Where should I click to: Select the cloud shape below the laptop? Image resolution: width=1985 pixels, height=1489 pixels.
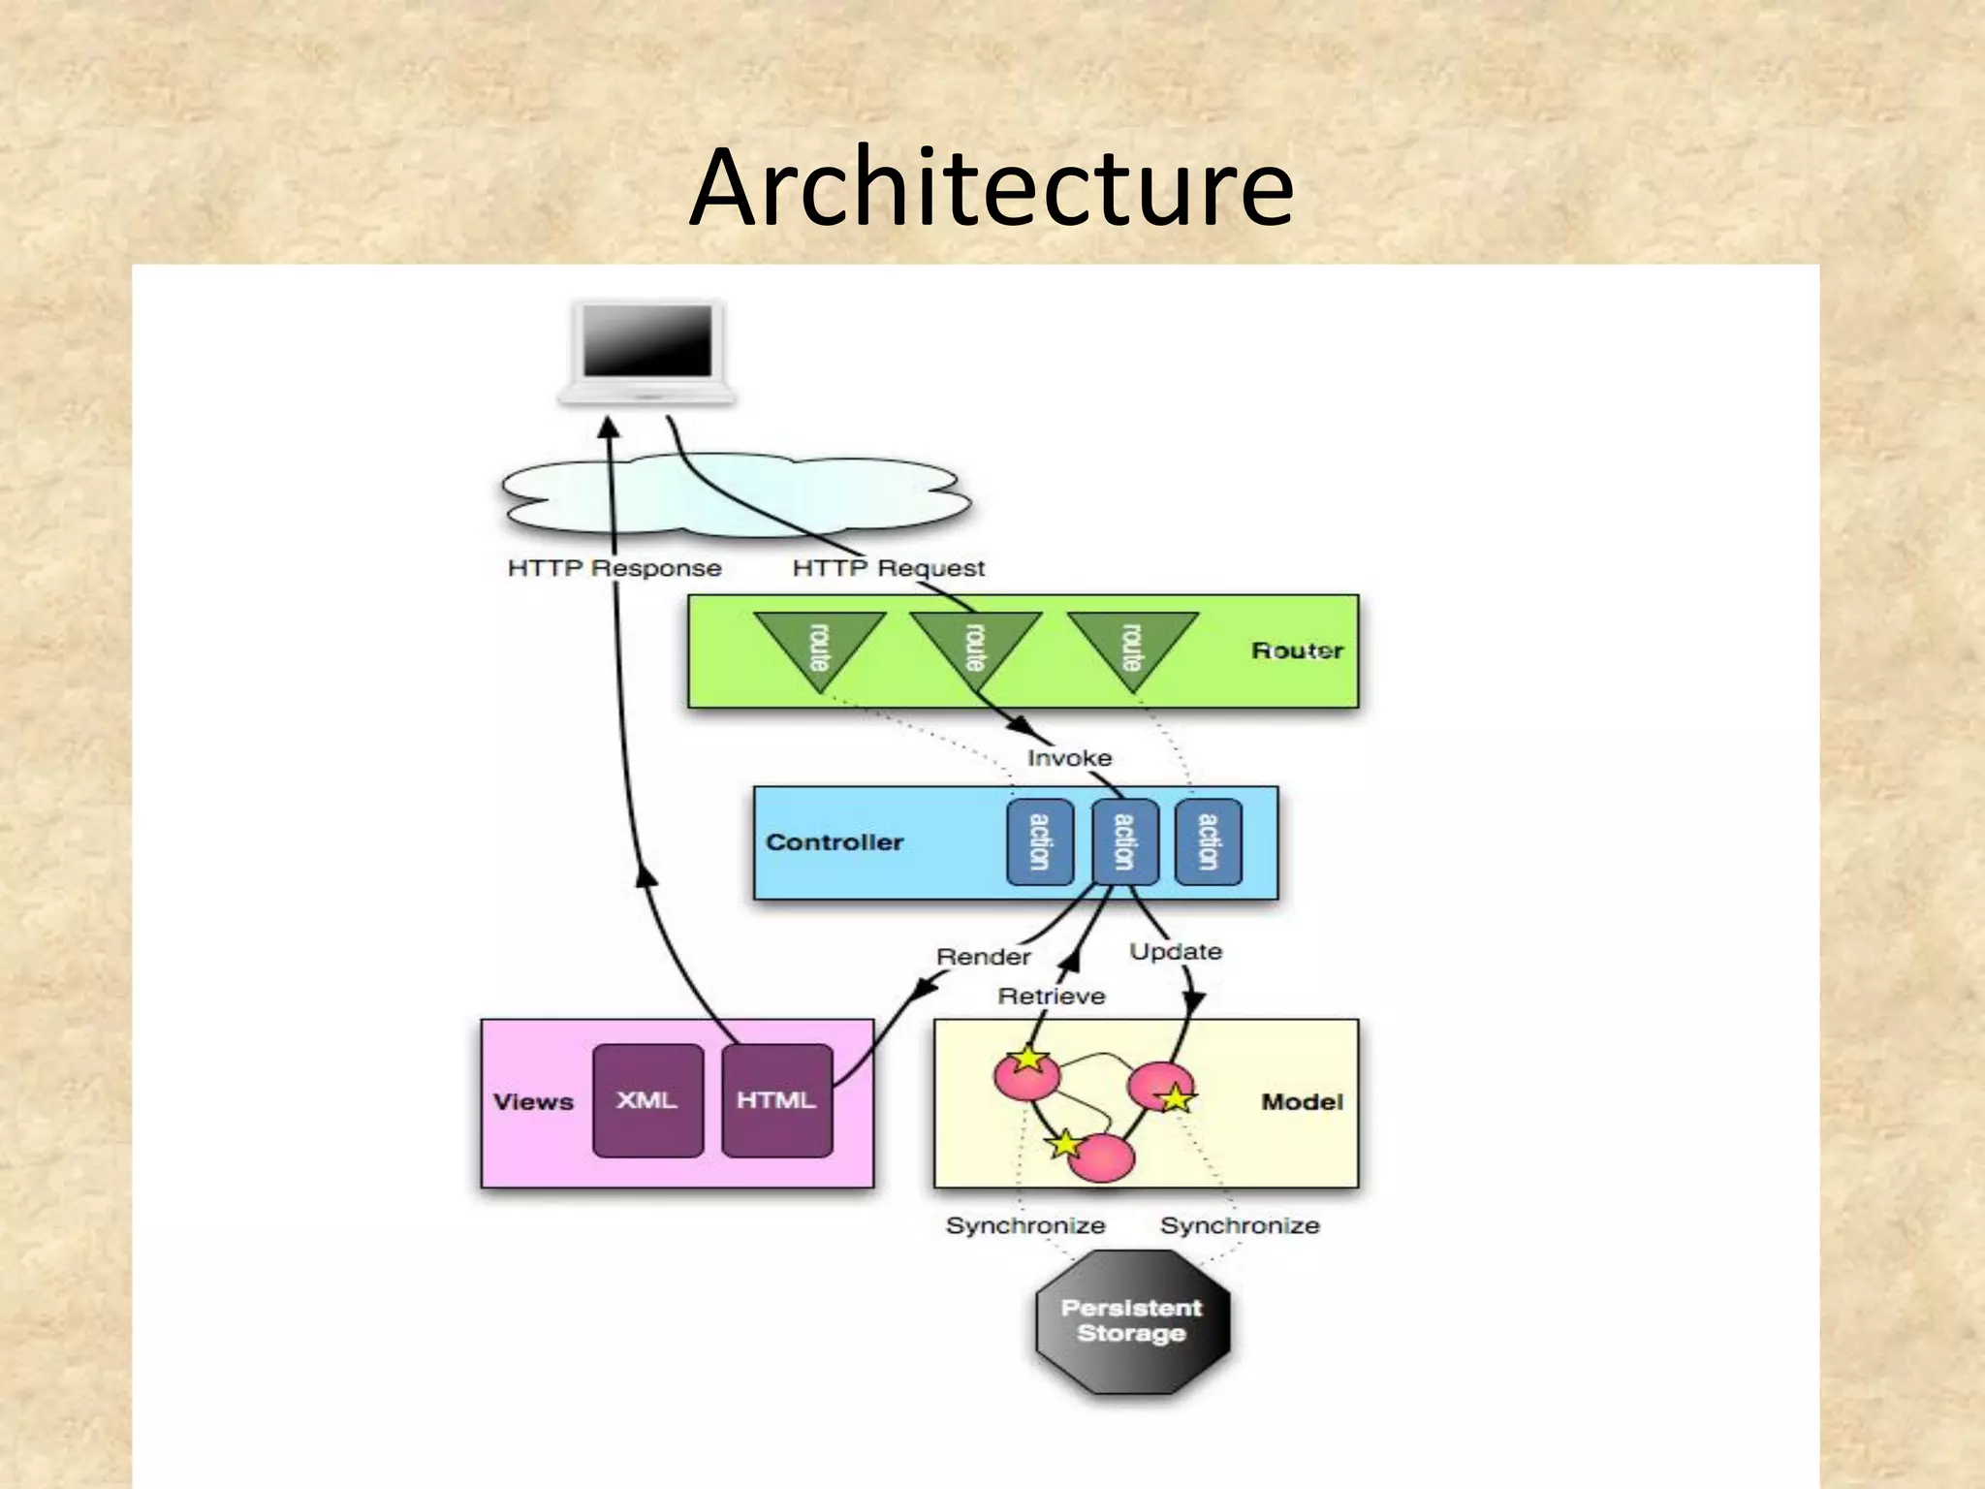737,496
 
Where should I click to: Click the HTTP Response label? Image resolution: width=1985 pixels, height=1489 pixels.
614,568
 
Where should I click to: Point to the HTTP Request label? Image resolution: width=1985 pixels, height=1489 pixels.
888,568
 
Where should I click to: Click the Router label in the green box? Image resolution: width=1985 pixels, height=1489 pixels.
1297,650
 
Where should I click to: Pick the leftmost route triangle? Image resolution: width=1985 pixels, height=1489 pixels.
820,645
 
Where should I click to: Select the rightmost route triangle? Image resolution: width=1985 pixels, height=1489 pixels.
1132,645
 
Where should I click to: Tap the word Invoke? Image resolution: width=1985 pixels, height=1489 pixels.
1069,758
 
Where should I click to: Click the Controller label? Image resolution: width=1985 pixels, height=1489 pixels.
835,842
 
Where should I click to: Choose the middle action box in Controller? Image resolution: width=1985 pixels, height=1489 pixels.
1124,841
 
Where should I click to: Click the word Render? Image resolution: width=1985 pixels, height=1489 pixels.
983,957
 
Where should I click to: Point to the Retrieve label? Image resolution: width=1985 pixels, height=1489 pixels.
1052,997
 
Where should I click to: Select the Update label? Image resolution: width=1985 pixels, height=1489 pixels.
1176,952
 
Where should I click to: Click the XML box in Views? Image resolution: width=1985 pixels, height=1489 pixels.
647,1100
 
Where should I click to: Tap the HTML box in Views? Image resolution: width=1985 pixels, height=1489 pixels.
776,1100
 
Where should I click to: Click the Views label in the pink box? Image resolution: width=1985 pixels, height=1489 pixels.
533,1102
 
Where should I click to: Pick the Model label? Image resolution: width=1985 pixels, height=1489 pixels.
1302,1102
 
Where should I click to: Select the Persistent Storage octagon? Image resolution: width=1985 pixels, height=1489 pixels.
1132,1321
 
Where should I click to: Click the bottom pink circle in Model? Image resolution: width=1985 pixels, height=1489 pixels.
1102,1158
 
